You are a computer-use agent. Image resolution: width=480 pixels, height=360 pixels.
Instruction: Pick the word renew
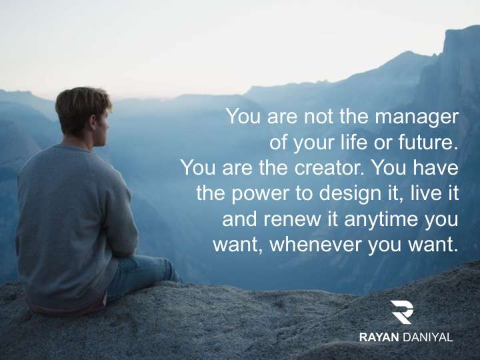click(x=293, y=220)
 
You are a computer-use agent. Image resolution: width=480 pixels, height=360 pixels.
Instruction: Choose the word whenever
click(x=315, y=245)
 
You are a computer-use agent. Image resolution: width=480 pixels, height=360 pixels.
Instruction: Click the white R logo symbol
click(x=401, y=312)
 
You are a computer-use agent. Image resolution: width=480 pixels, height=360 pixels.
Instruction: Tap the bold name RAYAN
click(x=379, y=337)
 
